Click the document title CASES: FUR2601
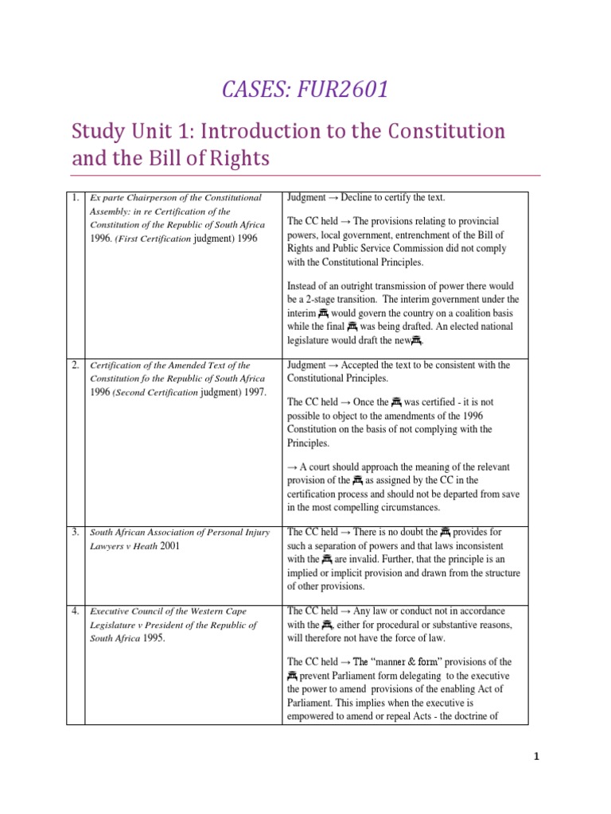(x=305, y=90)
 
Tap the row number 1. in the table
(x=75, y=198)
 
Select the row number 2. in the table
(x=75, y=365)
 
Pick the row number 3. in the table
(x=75, y=532)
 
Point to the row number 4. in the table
(x=75, y=611)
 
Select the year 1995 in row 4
(x=154, y=638)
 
